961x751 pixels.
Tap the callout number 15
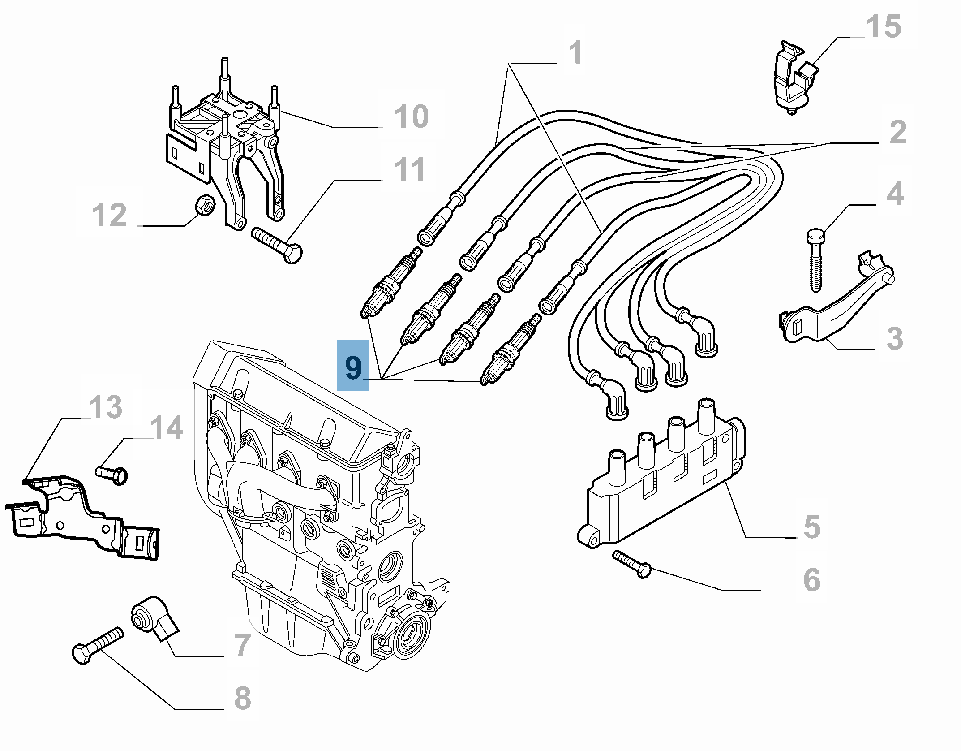tap(883, 27)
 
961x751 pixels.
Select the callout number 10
tap(411, 117)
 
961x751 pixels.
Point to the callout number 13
tap(106, 407)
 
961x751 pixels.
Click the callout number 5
tap(811, 527)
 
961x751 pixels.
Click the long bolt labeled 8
tap(98, 645)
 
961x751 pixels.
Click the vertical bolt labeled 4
tap(815, 260)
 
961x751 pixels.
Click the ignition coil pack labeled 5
tap(663, 484)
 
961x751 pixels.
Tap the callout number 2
tap(897, 132)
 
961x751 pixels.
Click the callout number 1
tap(575, 53)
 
